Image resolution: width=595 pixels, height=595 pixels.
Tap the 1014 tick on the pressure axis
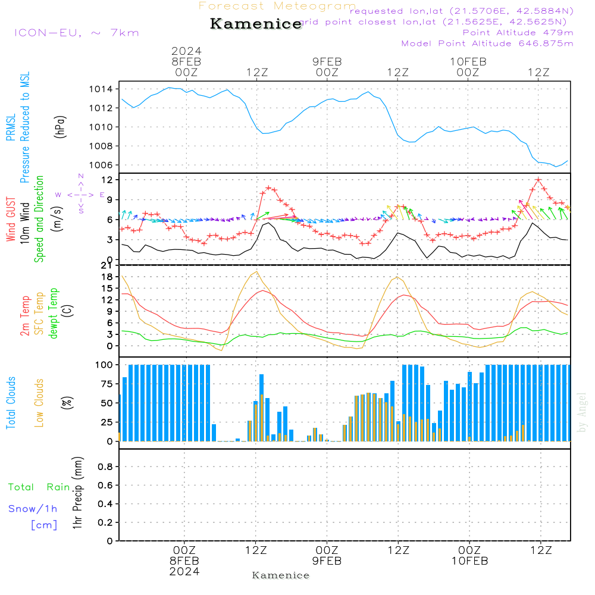click(x=101, y=89)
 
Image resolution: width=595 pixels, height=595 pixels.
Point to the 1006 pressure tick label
click(x=101, y=165)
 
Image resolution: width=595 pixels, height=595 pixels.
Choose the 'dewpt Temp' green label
click(x=54, y=314)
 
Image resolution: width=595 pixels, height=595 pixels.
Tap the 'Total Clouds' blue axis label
click(x=11, y=403)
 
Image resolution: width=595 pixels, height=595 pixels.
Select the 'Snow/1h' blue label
click(x=33, y=509)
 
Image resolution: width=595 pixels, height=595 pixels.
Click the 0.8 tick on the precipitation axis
click(x=105, y=467)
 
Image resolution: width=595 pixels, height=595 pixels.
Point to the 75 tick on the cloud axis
click(x=105, y=384)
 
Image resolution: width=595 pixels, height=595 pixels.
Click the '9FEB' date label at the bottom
click(x=327, y=560)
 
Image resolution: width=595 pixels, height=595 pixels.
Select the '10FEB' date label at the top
click(x=468, y=61)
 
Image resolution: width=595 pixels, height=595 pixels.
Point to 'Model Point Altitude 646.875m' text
click(x=487, y=43)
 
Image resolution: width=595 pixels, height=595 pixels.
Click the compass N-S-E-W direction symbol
click(x=80, y=194)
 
